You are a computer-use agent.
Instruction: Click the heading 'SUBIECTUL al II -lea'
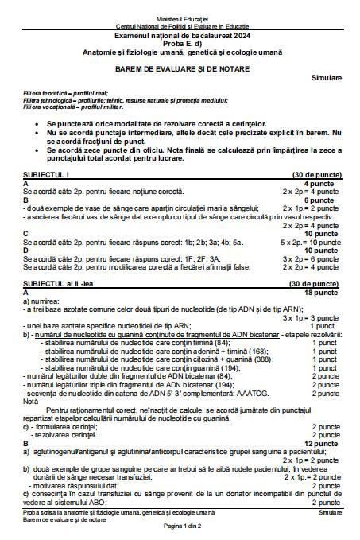[x=60, y=283]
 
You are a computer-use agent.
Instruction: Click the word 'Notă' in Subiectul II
[x=30, y=401]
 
